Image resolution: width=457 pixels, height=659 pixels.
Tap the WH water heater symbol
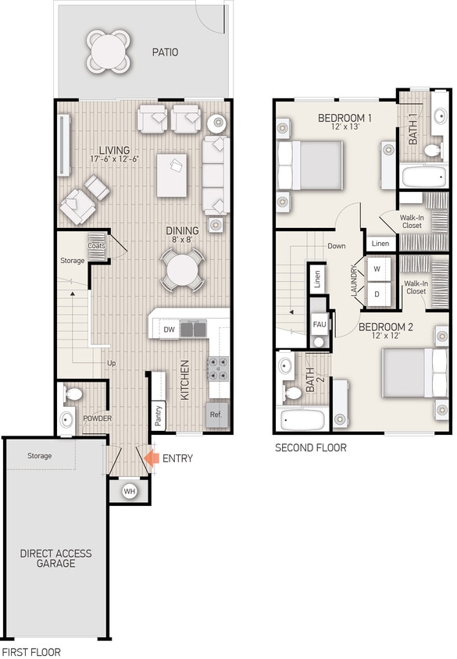pyautogui.click(x=130, y=492)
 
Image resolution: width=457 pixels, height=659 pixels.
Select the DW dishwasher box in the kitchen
pyautogui.click(x=169, y=329)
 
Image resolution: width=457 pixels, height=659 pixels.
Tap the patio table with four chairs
pyautogui.click(x=105, y=51)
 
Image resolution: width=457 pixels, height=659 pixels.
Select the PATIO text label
pyautogui.click(x=164, y=52)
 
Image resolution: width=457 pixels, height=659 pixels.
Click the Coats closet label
pyautogui.click(x=96, y=245)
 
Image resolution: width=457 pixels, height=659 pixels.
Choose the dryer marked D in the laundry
pyautogui.click(x=377, y=294)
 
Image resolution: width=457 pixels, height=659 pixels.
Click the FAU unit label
pyautogui.click(x=319, y=324)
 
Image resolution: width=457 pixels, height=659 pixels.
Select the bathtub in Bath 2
pyautogui.click(x=302, y=421)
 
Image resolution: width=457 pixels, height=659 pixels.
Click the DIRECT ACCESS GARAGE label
pyautogui.click(x=55, y=558)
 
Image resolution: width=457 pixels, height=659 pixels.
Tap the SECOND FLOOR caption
pyautogui.click(x=310, y=448)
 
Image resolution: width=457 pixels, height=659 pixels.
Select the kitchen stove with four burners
pyautogui.click(x=217, y=368)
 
